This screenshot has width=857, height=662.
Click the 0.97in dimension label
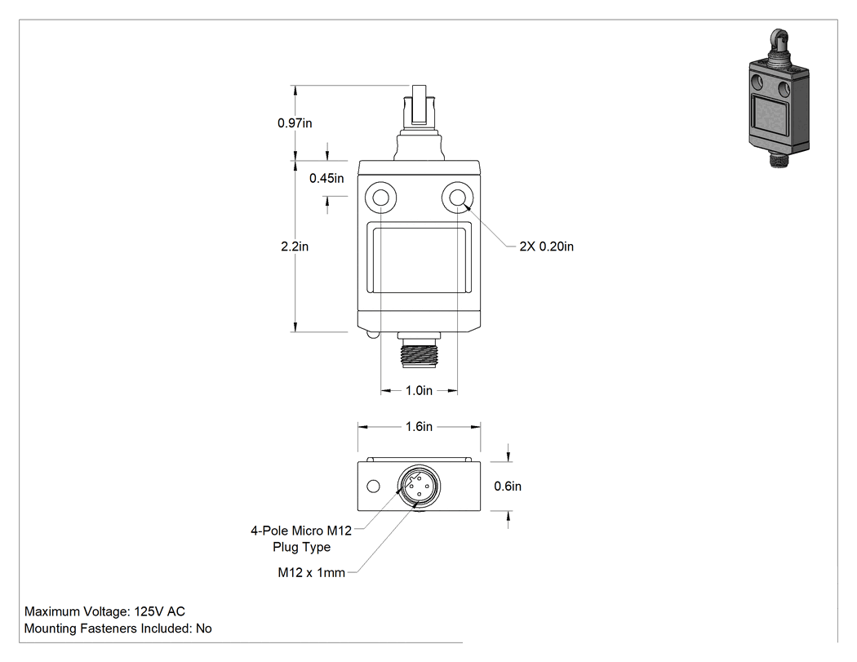(295, 123)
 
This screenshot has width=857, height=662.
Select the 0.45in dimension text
(326, 178)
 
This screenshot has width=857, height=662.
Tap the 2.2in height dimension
(295, 247)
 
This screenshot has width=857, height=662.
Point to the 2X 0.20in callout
(547, 247)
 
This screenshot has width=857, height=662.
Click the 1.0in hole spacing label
(419, 390)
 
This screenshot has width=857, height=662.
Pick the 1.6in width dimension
(419, 426)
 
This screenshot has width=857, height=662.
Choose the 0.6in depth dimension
(508, 486)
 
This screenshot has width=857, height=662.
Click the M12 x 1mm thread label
(312, 572)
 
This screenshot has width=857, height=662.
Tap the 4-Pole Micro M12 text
(301, 531)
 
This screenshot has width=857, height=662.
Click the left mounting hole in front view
(380, 196)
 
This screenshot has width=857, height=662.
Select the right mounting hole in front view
(457, 196)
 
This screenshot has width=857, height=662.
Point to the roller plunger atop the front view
(420, 122)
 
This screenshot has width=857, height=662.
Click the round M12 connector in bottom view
(419, 486)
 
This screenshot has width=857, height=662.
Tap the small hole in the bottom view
(373, 486)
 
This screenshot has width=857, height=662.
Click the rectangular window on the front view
(420, 257)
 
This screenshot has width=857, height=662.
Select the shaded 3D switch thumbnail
(779, 99)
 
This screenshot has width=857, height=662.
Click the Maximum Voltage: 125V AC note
(105, 611)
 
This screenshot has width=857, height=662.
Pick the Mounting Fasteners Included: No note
(118, 628)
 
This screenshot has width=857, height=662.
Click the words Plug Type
(302, 547)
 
